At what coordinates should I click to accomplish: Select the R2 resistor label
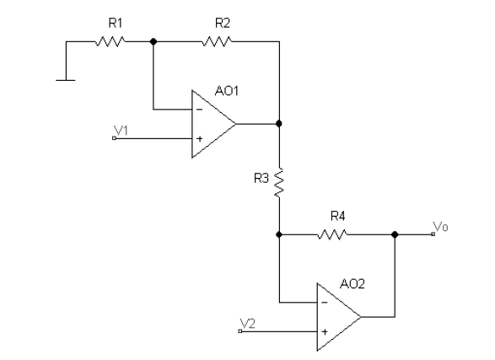[x=222, y=23]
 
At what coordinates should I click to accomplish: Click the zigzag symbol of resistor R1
[x=110, y=40]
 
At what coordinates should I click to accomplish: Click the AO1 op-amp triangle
[x=211, y=123]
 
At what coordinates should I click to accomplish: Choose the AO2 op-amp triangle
[x=336, y=317]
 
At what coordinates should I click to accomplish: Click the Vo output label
[x=440, y=226]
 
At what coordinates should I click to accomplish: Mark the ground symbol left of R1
[x=63, y=80]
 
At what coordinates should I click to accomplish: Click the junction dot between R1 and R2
[x=153, y=40]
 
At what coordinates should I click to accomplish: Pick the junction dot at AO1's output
[x=279, y=123]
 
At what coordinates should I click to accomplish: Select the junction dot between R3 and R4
[x=279, y=234]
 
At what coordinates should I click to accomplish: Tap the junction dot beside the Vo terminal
[x=394, y=234]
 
